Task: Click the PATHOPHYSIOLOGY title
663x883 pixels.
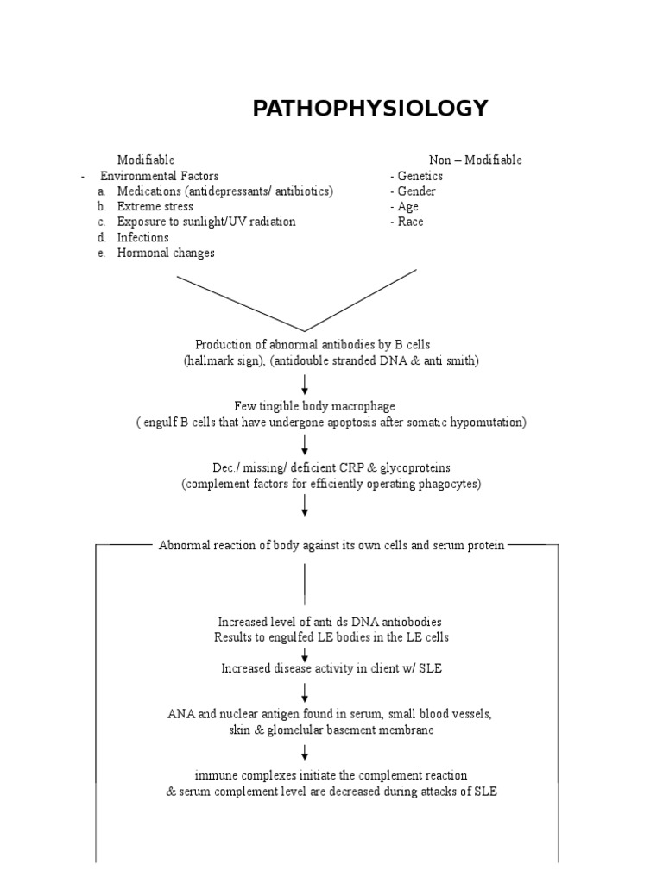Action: (x=369, y=109)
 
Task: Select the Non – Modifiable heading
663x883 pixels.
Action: (x=475, y=160)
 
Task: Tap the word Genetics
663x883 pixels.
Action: (x=420, y=175)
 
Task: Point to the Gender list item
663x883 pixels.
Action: (x=416, y=191)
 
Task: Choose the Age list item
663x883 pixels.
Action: (x=407, y=206)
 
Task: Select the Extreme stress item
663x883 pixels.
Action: (x=155, y=206)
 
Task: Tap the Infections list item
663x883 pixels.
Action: (x=143, y=237)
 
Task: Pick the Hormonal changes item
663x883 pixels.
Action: (x=166, y=253)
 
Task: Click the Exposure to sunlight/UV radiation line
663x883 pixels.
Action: (x=206, y=222)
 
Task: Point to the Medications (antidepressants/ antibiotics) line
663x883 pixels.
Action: (x=225, y=191)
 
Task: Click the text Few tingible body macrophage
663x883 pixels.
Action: (x=305, y=406)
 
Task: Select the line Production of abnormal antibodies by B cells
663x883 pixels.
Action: (x=313, y=344)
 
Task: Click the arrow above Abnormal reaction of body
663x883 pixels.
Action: (x=305, y=506)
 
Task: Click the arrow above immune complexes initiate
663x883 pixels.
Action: (x=305, y=753)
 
